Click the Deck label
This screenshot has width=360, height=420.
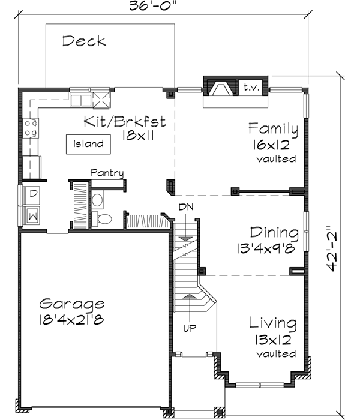coord(84,41)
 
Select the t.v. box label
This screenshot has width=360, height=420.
coord(250,88)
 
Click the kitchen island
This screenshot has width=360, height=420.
coord(88,144)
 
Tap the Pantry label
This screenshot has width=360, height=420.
coord(107,173)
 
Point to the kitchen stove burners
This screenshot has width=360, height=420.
coord(31,128)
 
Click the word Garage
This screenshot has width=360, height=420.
coord(73,304)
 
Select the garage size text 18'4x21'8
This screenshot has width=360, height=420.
coord(73,319)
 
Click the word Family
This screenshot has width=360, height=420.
coord(274,129)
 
